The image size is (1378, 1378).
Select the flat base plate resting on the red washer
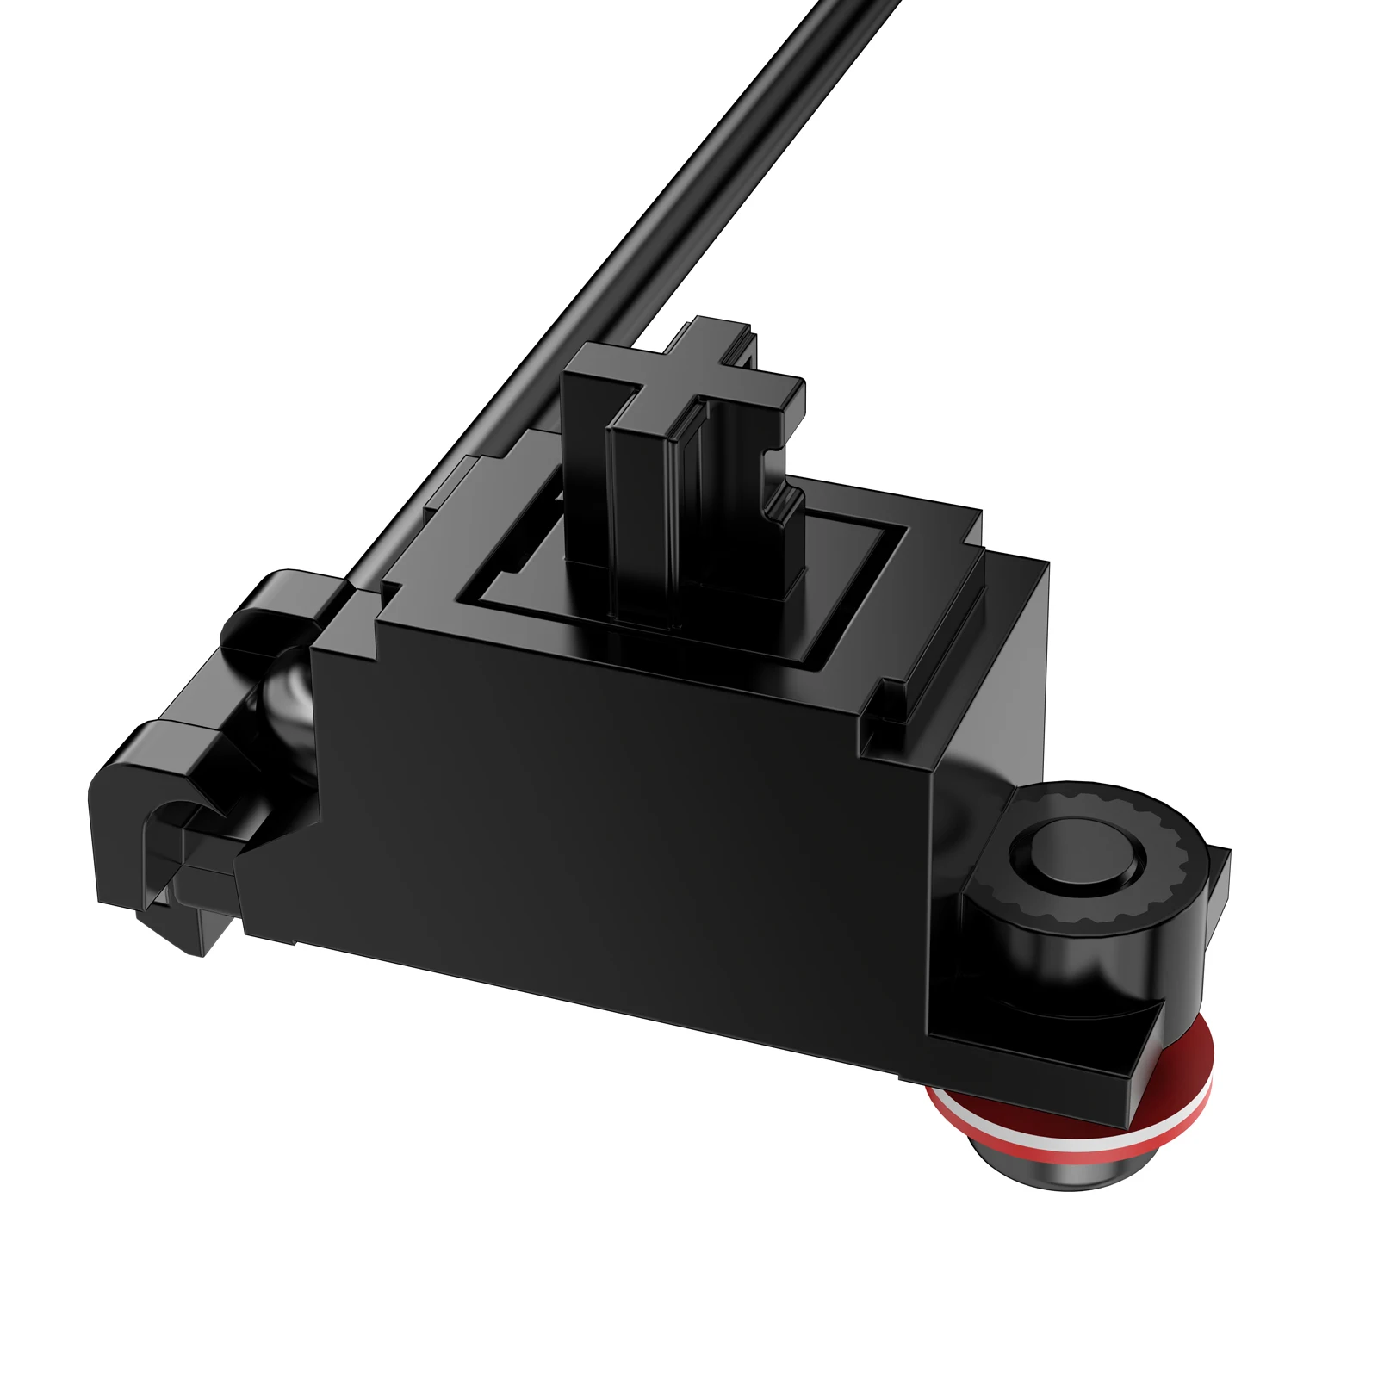1033,1059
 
